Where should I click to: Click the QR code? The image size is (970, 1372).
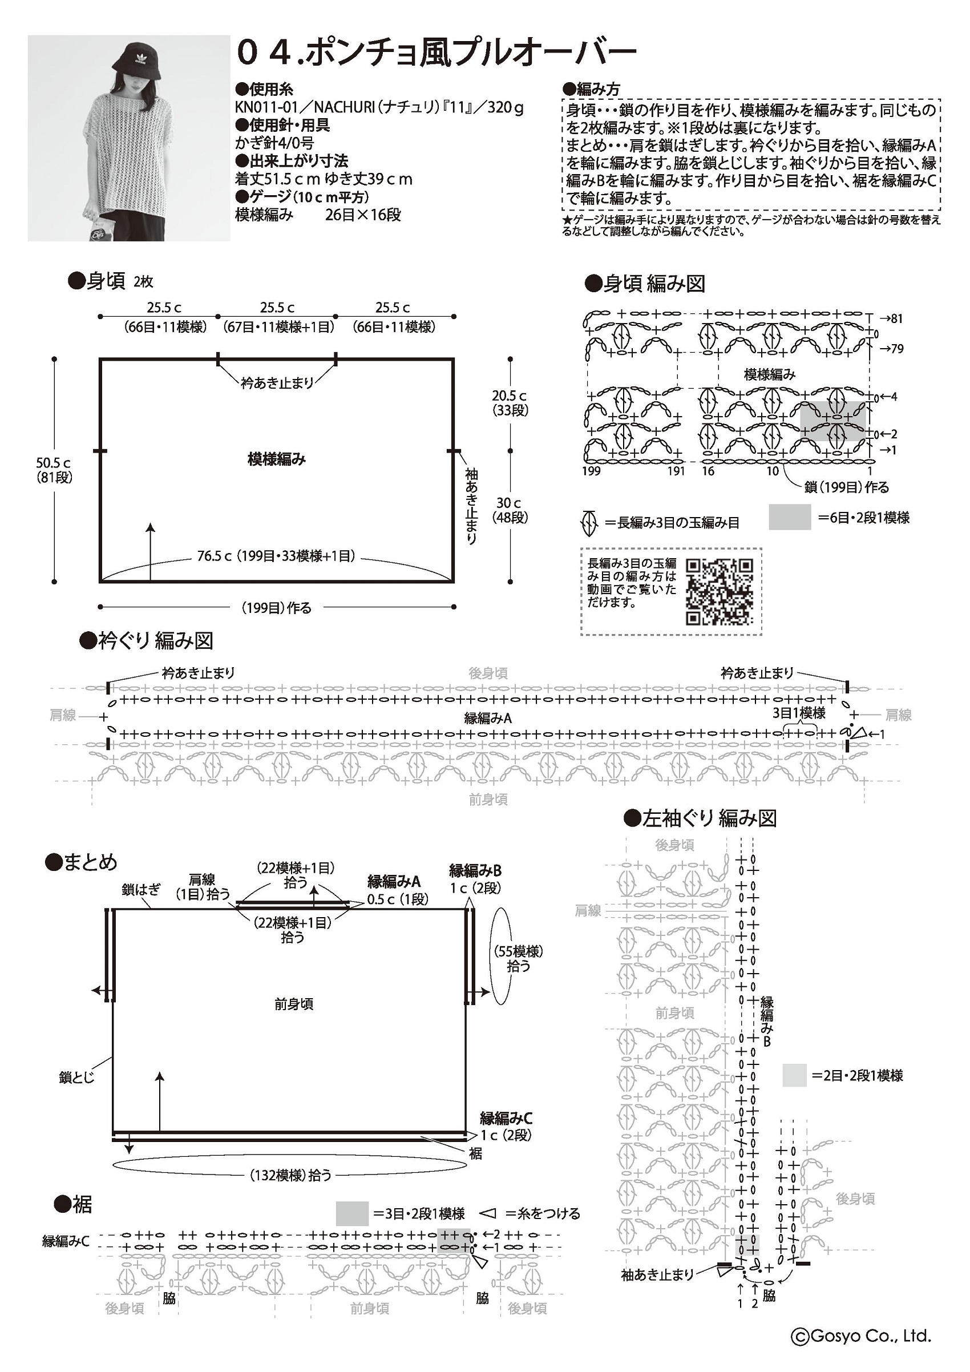tap(719, 591)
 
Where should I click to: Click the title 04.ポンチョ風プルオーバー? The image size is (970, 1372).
tap(436, 53)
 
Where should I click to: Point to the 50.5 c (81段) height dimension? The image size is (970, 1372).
tap(54, 470)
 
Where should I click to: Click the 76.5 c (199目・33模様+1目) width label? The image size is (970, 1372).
tap(277, 556)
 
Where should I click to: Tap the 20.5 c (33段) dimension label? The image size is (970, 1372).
tap(510, 403)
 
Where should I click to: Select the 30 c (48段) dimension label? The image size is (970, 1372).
tap(510, 510)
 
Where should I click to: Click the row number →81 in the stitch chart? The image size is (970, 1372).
tap(892, 318)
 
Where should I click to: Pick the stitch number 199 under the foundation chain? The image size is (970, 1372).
tap(591, 471)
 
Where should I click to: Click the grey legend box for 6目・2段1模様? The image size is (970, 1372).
tap(789, 517)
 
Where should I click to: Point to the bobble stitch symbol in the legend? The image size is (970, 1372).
tap(589, 523)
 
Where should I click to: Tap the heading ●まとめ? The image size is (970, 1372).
tap(82, 862)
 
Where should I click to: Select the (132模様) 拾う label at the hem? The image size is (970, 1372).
tap(290, 1176)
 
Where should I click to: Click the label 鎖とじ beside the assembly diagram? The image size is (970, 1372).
tap(76, 1078)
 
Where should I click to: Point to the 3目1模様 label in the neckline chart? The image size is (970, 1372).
tap(799, 712)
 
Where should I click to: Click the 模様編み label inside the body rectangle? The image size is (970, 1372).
tap(277, 459)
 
